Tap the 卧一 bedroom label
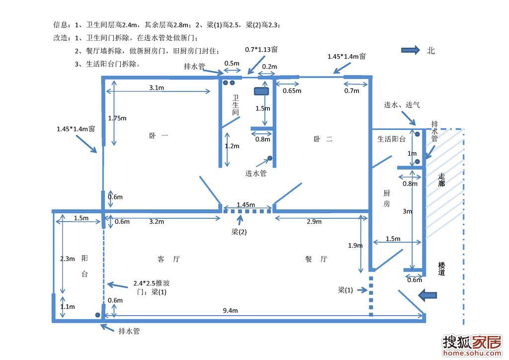[x=159, y=136]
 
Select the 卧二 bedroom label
[x=323, y=139]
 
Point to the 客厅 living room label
[x=169, y=259]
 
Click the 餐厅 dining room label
[x=316, y=259]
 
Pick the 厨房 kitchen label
[x=387, y=198]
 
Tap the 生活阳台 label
[x=392, y=139]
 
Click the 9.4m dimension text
[x=230, y=311]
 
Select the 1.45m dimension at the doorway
[x=246, y=205]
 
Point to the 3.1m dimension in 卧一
[x=157, y=88]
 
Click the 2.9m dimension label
[x=314, y=222]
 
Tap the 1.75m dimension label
[x=117, y=118]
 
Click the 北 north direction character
[x=431, y=51]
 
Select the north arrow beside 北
[x=411, y=50]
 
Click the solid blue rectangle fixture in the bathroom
[x=261, y=91]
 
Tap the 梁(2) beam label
[x=239, y=232]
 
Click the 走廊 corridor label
[x=441, y=180]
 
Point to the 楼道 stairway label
[x=441, y=269]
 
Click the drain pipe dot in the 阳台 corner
[x=97, y=315]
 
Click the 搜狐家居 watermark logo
[x=472, y=346]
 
